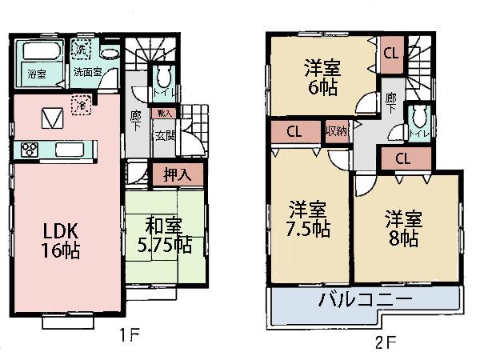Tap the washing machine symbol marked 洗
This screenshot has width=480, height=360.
[81, 50]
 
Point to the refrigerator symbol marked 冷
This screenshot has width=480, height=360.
[81, 102]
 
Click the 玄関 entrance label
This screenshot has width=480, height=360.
[166, 137]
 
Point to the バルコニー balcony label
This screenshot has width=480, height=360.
[367, 302]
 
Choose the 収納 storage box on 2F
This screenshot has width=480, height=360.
[337, 130]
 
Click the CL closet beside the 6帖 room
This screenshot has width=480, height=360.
[391, 55]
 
